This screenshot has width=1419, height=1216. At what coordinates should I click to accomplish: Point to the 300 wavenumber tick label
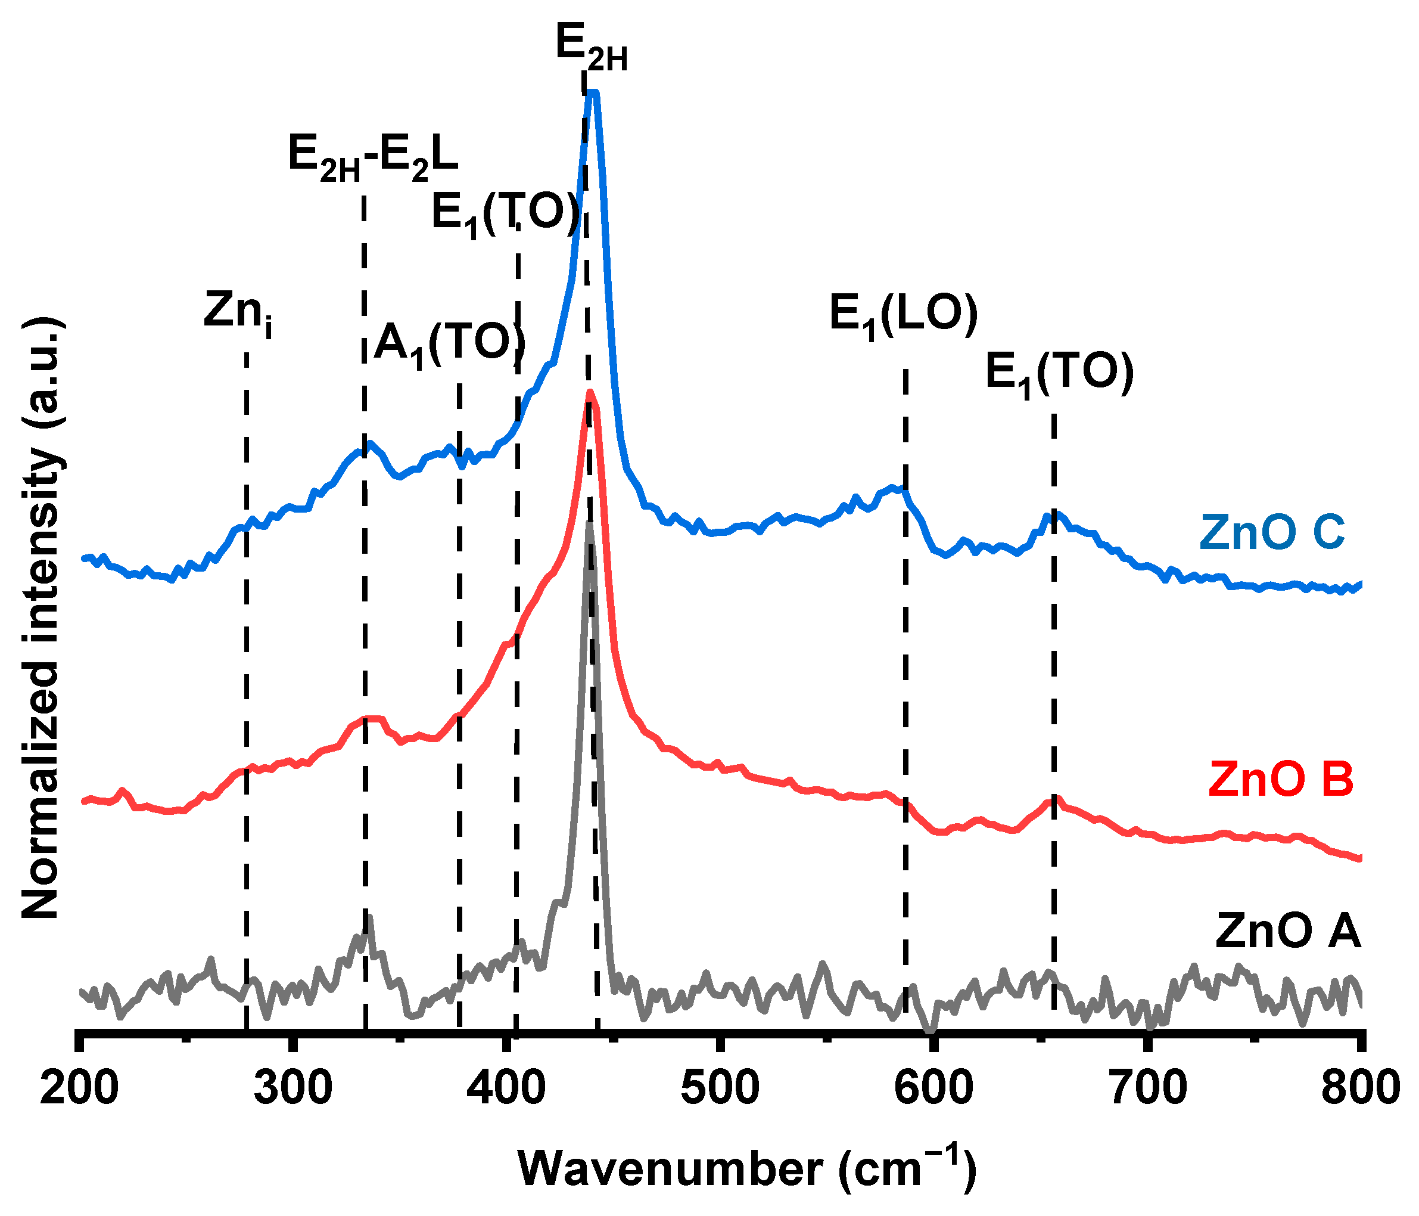click(x=293, y=1088)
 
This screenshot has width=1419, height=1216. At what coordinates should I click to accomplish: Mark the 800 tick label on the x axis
click(x=1359, y=1088)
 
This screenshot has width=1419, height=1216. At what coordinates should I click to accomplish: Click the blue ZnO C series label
click(x=1272, y=532)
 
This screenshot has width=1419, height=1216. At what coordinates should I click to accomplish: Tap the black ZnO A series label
click(x=1287, y=931)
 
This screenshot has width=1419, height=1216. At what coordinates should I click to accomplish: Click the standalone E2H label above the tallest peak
click(x=591, y=49)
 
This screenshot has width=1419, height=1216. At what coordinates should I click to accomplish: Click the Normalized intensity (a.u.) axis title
click(x=42, y=616)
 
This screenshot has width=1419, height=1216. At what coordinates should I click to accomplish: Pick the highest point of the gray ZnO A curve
click(x=589, y=522)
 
